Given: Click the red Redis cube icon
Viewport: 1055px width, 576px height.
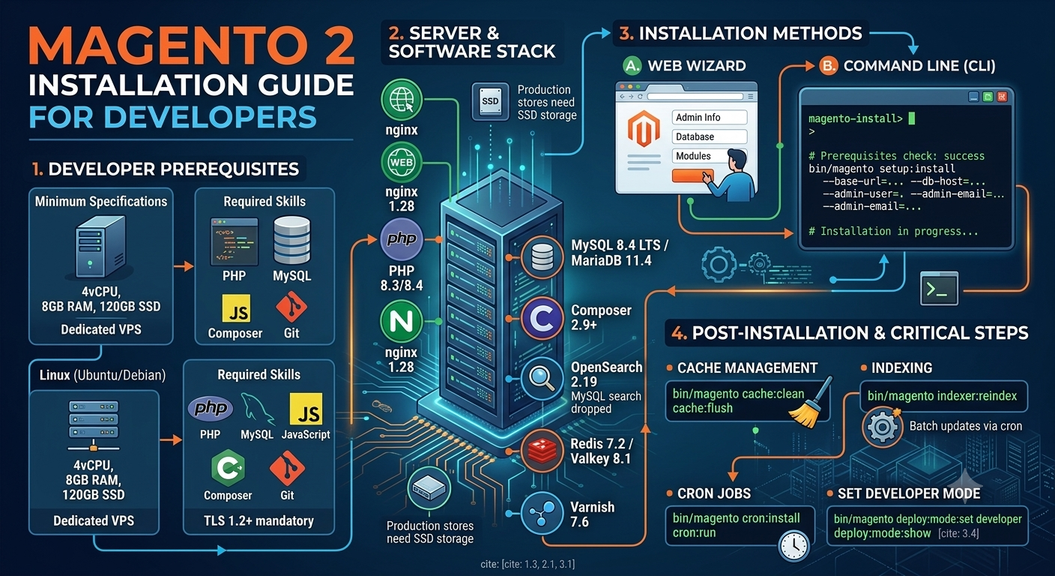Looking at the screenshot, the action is pos(542,451).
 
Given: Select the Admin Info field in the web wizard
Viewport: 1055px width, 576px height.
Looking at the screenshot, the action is pos(710,117).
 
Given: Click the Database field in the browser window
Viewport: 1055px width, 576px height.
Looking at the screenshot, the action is pos(710,136).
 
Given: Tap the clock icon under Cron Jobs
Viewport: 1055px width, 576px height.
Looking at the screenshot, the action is pos(793,546).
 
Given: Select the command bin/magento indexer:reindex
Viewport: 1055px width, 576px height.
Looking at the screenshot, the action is pos(942,396).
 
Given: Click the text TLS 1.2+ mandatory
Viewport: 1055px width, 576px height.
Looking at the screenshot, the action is pos(259,520).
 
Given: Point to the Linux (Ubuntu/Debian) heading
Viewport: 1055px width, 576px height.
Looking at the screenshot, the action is pos(103,375).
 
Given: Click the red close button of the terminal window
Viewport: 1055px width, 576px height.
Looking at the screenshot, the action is pos(1002,97).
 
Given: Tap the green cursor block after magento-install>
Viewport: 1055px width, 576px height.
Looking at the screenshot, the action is pos(912,118).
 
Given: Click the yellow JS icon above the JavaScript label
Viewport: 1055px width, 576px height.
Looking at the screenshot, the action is pos(306,409).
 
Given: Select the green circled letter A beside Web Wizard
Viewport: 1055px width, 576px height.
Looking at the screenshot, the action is pos(632,66).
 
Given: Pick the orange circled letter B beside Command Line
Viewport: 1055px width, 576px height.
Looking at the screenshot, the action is pos(828,66).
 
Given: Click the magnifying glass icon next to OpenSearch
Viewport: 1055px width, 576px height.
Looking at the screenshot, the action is pos(542,379).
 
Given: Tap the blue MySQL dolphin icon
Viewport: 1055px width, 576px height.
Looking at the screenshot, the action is pos(257,408).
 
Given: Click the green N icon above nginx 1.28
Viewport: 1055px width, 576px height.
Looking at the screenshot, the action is pos(402,322).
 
